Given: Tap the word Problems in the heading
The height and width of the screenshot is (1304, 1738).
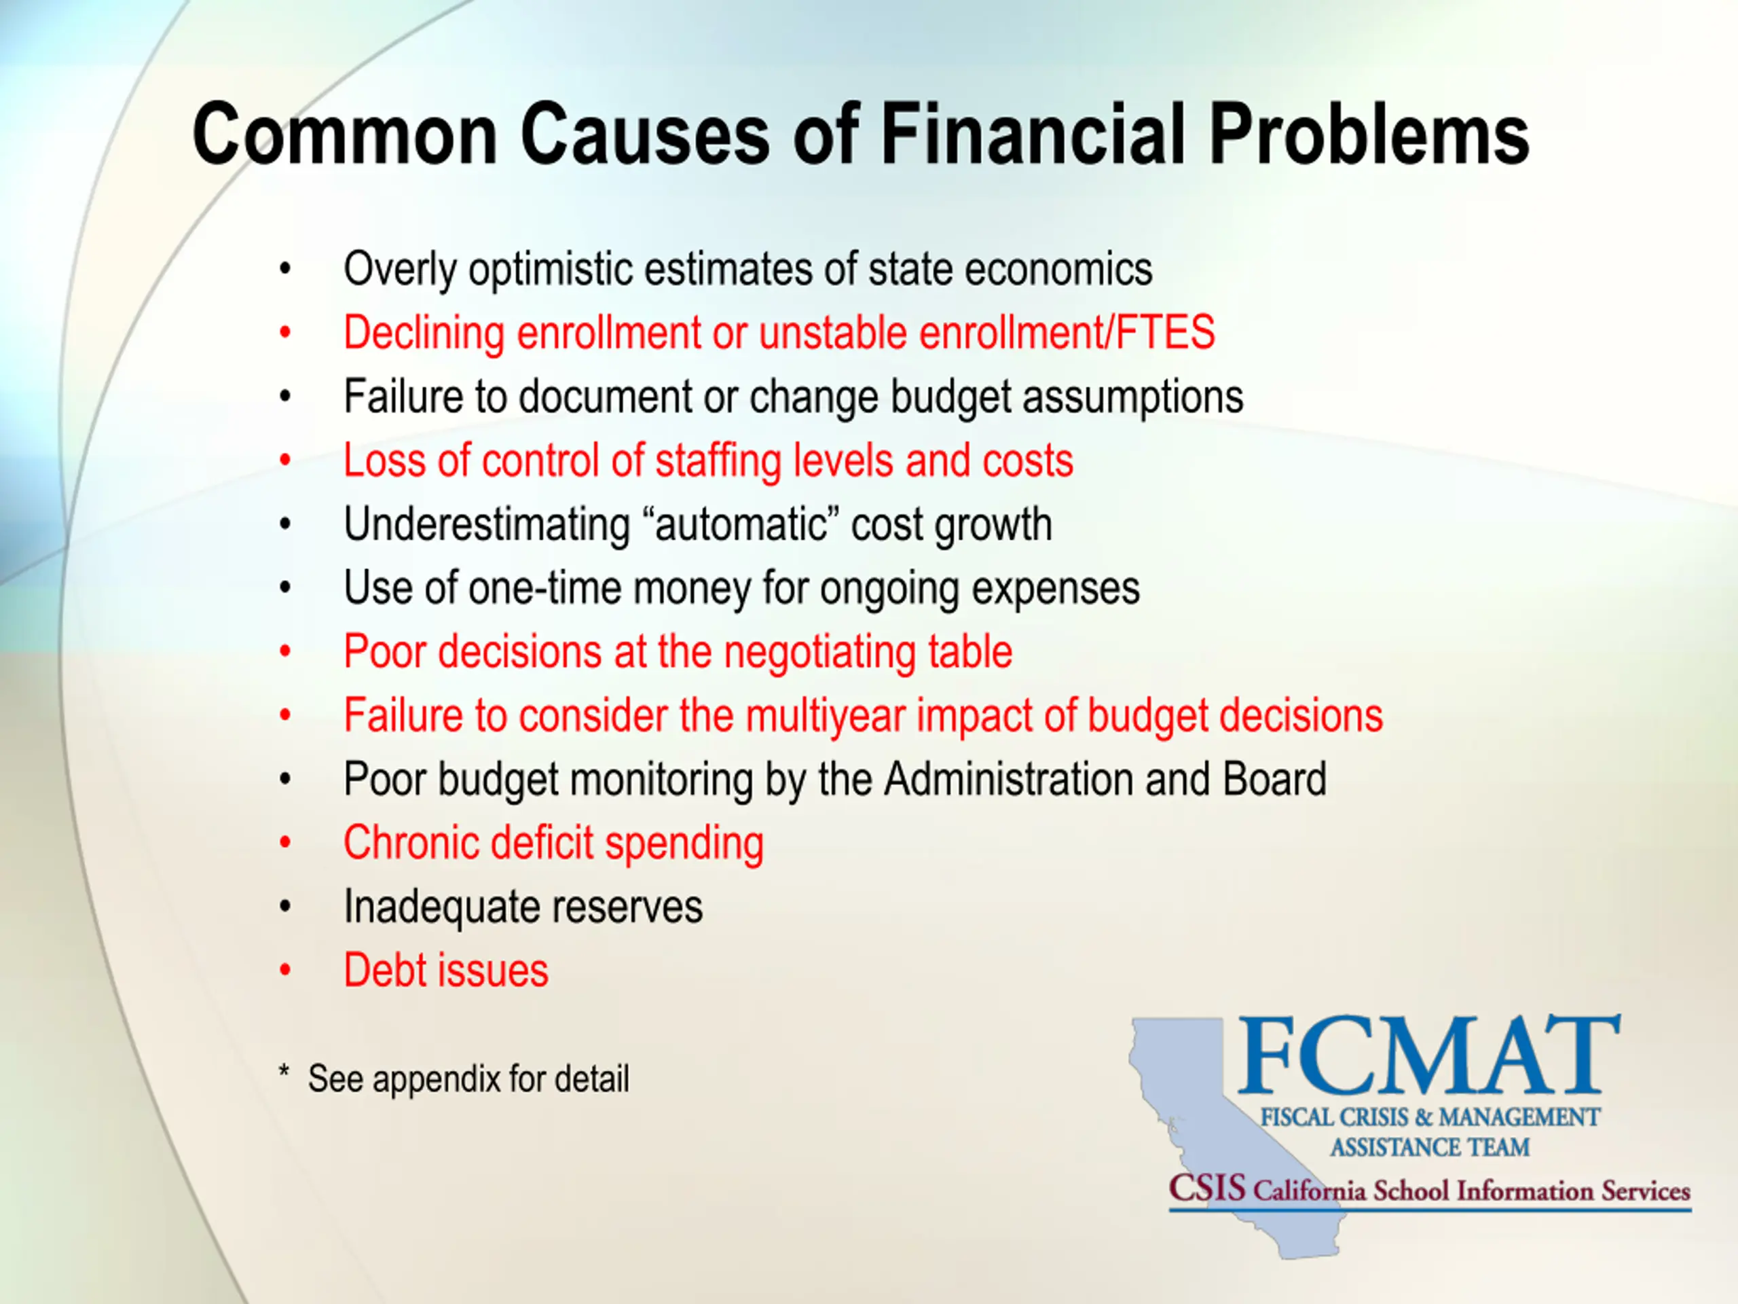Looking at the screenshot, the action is click(x=1369, y=135).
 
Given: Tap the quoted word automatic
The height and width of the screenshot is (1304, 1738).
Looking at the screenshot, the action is click(x=742, y=525).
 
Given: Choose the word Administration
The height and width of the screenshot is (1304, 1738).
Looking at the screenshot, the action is click(x=1008, y=779).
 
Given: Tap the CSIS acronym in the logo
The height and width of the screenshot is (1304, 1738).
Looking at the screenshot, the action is click(x=1207, y=1188).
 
